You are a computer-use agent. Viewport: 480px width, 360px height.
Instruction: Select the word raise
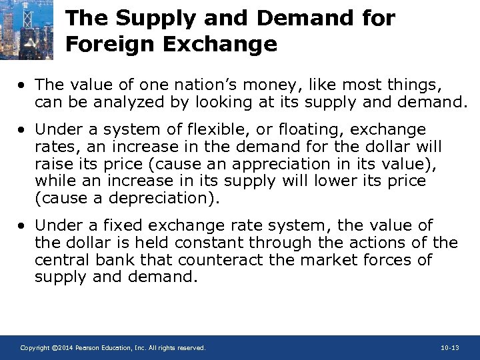click(x=54, y=163)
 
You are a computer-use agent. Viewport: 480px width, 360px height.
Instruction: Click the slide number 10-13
click(x=450, y=348)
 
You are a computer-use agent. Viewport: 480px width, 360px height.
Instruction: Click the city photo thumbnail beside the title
click(x=27, y=31)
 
